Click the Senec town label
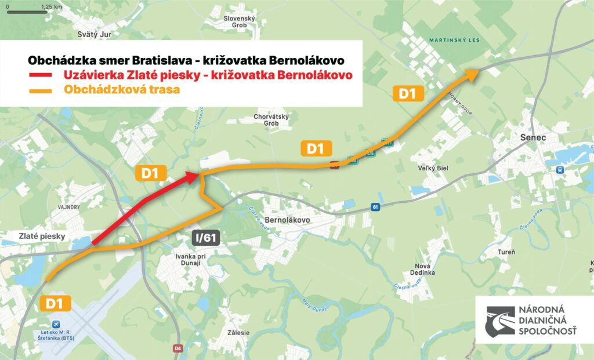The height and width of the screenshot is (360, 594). point(534,137)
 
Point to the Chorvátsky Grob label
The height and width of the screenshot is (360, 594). point(271,119)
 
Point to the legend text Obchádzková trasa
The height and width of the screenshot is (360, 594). point(122,90)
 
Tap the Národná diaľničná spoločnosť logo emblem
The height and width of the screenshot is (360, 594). point(499,321)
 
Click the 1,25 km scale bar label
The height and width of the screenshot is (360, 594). point(52,8)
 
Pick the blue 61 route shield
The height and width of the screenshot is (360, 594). point(375,208)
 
